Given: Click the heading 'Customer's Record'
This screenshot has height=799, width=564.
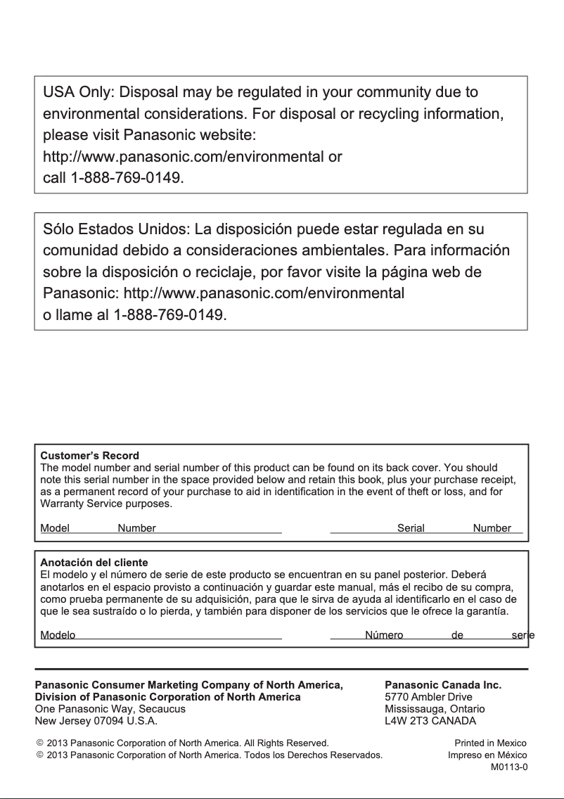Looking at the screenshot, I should pos(89,456).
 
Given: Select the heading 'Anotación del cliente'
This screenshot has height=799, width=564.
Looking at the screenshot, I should pos(94,563).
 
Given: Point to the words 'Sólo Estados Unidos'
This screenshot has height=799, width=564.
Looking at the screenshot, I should pos(115,230).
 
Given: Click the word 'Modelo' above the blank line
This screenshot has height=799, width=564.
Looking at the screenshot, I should pos(58,635).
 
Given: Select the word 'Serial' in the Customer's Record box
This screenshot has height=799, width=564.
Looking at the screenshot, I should pos(411,528).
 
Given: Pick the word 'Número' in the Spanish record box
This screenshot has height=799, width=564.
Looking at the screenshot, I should pos(384,635).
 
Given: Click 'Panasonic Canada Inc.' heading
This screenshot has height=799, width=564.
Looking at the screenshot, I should pos(443,684).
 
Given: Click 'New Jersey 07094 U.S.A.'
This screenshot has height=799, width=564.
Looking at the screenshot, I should pos(96,721).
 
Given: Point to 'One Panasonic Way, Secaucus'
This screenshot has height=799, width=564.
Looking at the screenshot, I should pos(110,709).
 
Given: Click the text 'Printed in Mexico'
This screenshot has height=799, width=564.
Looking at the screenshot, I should pos(490,743).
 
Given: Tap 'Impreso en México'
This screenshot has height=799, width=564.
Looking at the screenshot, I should pos(487,755).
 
